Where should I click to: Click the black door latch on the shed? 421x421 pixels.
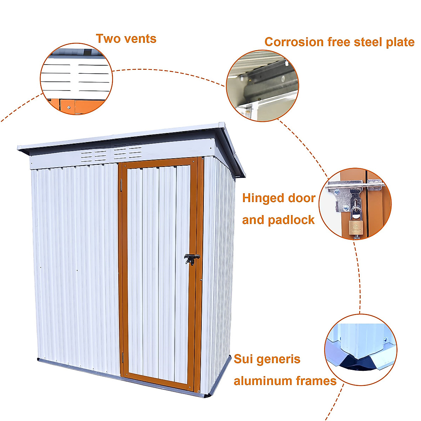pos(191,259)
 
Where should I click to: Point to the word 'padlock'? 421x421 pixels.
pos(291,220)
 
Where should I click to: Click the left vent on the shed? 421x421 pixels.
pos(94,154)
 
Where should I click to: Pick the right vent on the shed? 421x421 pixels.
pos(127,152)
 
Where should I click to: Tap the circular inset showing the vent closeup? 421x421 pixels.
pos(76,79)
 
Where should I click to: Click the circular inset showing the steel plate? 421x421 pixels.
pos(262,86)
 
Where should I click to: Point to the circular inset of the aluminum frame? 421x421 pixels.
pos(361,349)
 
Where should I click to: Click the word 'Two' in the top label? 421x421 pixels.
pos(107,39)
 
